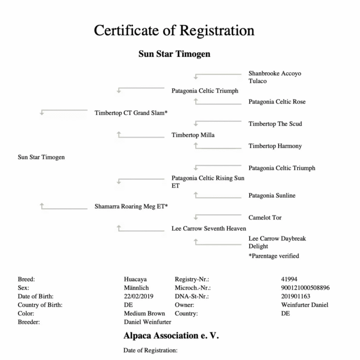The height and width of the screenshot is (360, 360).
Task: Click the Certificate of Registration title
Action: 174,31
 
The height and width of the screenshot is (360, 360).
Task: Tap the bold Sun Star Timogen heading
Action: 174,54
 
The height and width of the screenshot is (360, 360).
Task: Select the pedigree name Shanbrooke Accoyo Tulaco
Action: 274,77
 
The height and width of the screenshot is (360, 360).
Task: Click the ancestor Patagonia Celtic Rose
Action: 277,102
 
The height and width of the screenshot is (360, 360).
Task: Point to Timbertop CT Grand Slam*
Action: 131,112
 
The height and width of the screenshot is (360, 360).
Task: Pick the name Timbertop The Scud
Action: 275,124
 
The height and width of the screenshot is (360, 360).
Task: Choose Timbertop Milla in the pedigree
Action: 193,135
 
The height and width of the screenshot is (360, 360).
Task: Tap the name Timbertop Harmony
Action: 275,146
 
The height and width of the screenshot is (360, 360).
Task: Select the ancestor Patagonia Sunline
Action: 272,196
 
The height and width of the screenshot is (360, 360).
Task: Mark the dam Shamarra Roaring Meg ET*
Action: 131,207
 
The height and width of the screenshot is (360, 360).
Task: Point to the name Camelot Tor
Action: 265,218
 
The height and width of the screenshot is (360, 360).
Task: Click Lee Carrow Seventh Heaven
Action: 209,229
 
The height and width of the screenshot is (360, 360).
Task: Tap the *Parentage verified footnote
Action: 274,256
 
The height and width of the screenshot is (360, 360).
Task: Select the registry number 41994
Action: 288,279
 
